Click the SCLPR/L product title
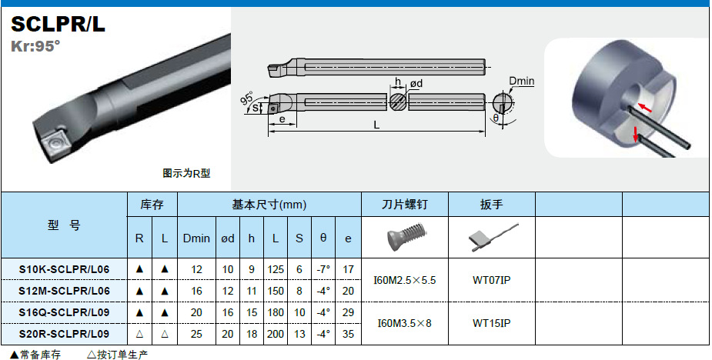[x=58, y=25]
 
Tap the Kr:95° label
[x=35, y=46]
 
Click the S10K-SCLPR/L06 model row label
[x=65, y=269]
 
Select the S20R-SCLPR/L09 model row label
[x=65, y=334]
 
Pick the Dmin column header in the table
[x=196, y=238]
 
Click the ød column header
[x=228, y=238]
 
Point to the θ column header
[x=323, y=238]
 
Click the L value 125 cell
[x=276, y=269]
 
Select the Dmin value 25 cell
[x=196, y=334]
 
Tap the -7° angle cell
[x=323, y=269]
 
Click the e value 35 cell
[x=348, y=334]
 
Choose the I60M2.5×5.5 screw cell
[x=405, y=280]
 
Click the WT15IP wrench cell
[x=491, y=323]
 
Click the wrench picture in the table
[x=492, y=238]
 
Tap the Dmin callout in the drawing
[x=521, y=82]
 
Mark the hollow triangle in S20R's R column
[x=139, y=334]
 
